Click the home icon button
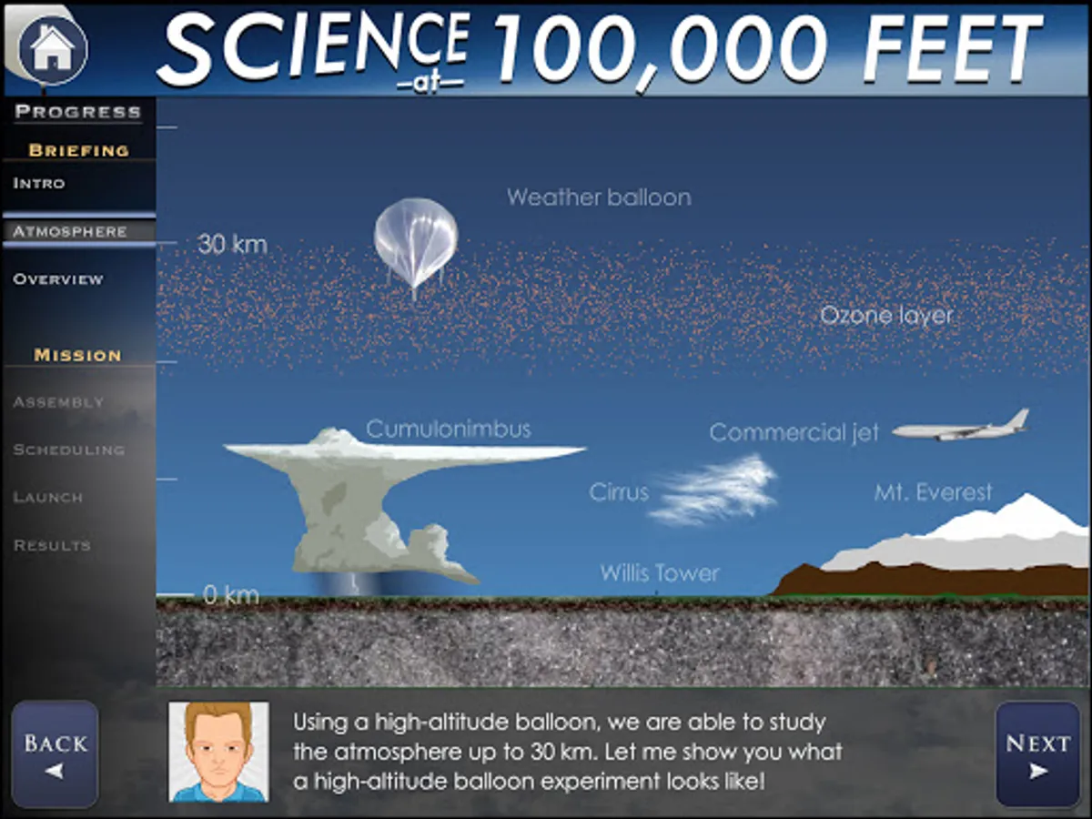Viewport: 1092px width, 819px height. [x=53, y=49]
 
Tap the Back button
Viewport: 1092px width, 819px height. [x=55, y=753]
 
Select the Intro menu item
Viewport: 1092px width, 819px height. [x=39, y=184]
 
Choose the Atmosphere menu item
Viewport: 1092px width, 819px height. [x=70, y=232]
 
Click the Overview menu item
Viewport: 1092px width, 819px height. [x=58, y=279]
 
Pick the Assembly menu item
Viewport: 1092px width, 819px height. [x=59, y=402]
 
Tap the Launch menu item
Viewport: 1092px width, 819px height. [x=48, y=497]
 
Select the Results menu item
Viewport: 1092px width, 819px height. [x=52, y=545]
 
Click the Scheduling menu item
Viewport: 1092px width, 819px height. [x=69, y=450]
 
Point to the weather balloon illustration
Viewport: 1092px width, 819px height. [x=416, y=244]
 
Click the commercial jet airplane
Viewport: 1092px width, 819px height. [x=961, y=427]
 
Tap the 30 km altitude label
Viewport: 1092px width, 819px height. [x=232, y=244]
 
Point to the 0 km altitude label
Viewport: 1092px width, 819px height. [x=231, y=595]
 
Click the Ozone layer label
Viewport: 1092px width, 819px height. [x=886, y=315]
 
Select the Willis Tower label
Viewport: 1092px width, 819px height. [x=660, y=573]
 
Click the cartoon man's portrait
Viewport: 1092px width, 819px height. [x=219, y=752]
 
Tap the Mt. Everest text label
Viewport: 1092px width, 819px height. [x=934, y=492]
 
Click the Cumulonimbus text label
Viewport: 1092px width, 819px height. [x=449, y=430]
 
